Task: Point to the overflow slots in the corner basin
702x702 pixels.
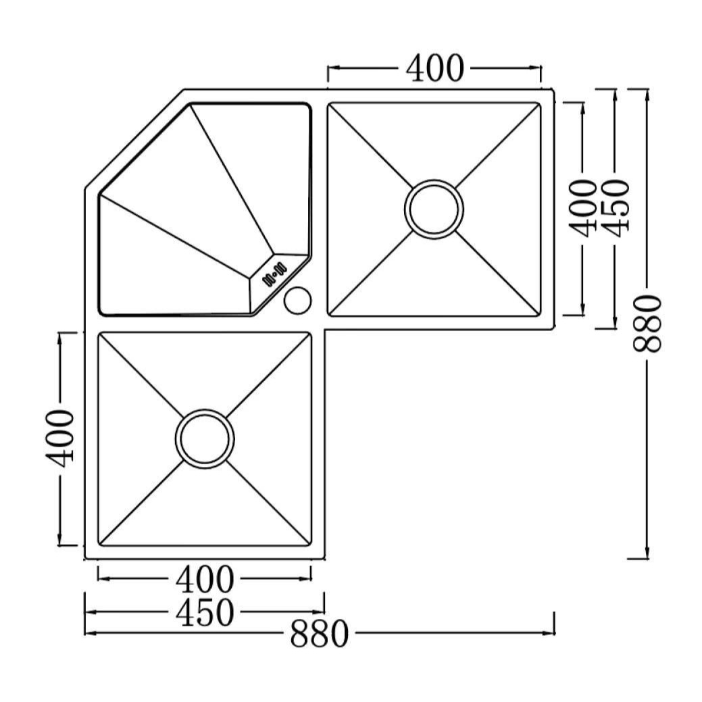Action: click(274, 274)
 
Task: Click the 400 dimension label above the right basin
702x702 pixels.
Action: click(434, 68)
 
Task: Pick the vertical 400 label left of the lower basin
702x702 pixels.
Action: click(59, 438)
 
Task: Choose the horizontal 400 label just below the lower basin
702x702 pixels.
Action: click(205, 579)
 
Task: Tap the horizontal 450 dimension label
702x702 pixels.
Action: click(205, 612)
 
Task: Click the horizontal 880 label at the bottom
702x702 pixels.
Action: click(319, 634)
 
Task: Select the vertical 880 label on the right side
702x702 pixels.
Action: click(647, 323)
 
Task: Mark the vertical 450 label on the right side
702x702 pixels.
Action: click(615, 207)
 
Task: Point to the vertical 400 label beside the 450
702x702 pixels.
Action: click(582, 207)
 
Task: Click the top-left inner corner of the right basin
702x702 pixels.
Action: click(328, 103)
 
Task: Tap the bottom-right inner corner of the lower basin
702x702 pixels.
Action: click(311, 546)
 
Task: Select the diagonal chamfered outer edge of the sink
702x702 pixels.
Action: click(134, 139)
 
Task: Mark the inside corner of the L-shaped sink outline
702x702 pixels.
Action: click(325, 330)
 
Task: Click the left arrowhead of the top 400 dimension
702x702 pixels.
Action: click(334, 68)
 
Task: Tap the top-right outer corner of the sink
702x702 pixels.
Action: click(554, 90)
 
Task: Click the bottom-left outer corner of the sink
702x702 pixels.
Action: click(85, 559)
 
